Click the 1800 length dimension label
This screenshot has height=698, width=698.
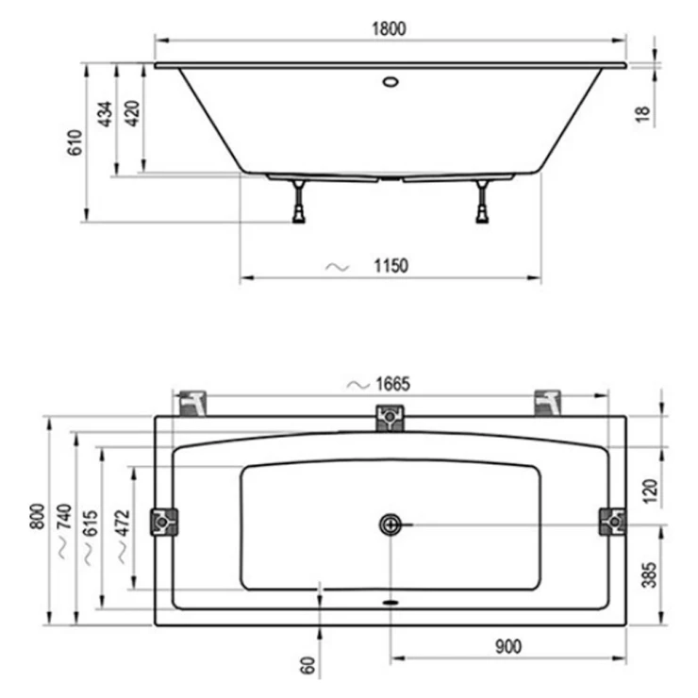[x=389, y=29]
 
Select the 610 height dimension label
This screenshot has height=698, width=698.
[x=75, y=142]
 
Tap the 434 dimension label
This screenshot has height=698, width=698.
[x=105, y=114]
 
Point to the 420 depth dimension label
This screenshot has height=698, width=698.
[x=132, y=114]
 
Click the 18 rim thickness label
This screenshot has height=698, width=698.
[x=642, y=114]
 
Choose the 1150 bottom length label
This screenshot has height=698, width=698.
[x=391, y=266]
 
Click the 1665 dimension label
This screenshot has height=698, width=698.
[x=393, y=384]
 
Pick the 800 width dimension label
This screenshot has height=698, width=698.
[x=38, y=516]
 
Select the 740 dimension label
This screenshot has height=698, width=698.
[x=64, y=516]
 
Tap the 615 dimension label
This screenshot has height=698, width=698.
[x=91, y=523]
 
